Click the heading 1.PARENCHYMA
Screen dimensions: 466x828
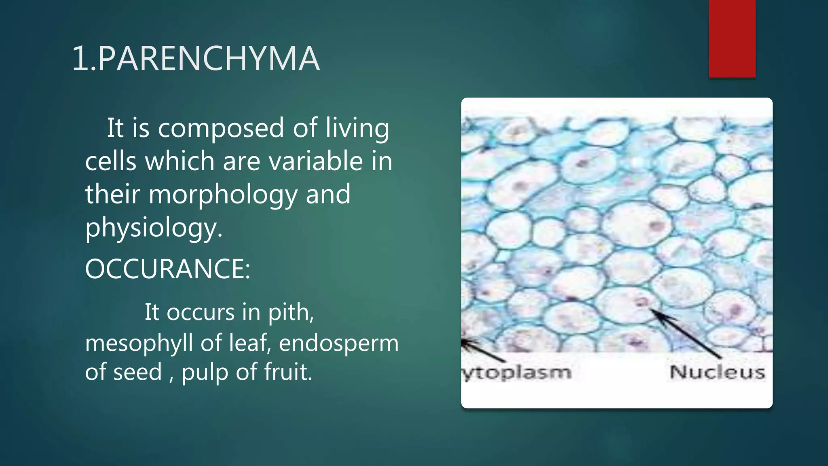(x=196, y=59)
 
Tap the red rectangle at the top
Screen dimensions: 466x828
(x=732, y=38)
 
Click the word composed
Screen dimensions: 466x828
(x=221, y=128)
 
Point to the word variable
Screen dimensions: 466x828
(x=316, y=161)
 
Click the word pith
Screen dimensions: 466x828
(x=291, y=313)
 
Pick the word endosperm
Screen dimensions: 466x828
(x=339, y=343)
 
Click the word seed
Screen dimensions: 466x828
(x=137, y=372)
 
